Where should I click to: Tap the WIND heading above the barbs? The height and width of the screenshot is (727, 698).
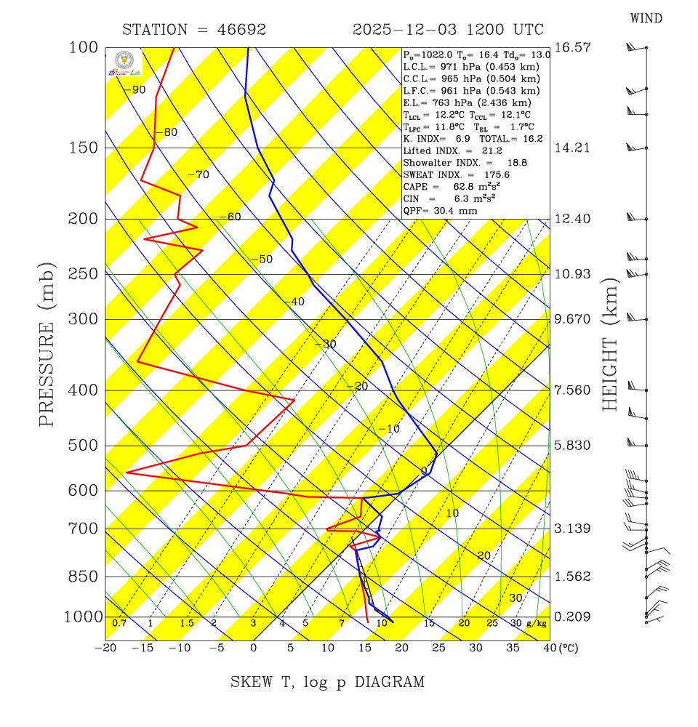pyautogui.click(x=646, y=18)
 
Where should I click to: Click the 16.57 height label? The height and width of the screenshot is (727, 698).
pyautogui.click(x=571, y=47)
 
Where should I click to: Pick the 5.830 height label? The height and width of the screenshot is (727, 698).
pyautogui.click(x=571, y=446)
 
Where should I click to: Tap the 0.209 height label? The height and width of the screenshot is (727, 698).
pyautogui.click(x=571, y=617)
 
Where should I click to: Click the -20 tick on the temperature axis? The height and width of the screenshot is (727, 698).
pyautogui.click(x=106, y=648)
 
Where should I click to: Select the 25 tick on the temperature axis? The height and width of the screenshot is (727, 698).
pyautogui.click(x=438, y=648)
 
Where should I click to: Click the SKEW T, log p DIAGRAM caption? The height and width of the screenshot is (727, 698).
pyautogui.click(x=327, y=683)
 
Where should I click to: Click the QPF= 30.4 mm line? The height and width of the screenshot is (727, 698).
pyautogui.click(x=440, y=210)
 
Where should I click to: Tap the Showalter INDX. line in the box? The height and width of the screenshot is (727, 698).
pyautogui.click(x=454, y=163)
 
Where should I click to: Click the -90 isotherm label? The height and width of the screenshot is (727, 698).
pyautogui.click(x=135, y=90)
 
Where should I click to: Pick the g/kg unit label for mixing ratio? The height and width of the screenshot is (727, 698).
pyautogui.click(x=536, y=624)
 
